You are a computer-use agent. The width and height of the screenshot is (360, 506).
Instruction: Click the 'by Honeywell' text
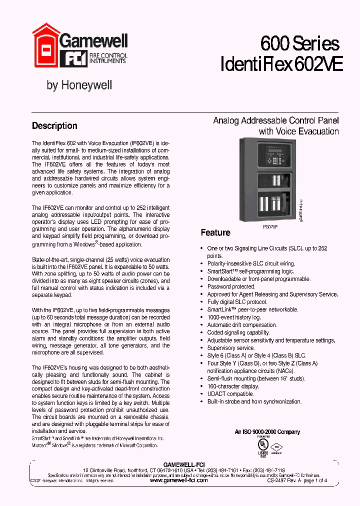click(79, 85)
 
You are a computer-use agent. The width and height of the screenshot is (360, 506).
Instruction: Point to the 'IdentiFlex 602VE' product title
click(281, 65)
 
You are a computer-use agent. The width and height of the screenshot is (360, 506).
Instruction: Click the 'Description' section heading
click(54, 126)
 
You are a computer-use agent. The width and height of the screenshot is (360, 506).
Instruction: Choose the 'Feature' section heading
click(215, 232)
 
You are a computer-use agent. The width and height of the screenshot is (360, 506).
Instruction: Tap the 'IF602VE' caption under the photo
click(270, 226)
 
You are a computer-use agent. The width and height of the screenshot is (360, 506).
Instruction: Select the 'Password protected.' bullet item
click(231, 286)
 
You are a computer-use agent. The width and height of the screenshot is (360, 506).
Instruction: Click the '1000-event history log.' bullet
click(234, 317)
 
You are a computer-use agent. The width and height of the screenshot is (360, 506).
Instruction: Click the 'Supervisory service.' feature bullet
click(231, 348)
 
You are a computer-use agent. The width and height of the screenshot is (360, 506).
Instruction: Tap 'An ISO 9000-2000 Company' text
click(267, 432)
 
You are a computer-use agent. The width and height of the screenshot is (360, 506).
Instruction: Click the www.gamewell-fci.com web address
click(178, 480)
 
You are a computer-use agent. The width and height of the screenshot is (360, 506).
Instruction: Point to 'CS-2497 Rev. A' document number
click(284, 480)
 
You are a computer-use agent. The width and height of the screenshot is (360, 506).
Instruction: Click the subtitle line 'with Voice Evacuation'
click(298, 131)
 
